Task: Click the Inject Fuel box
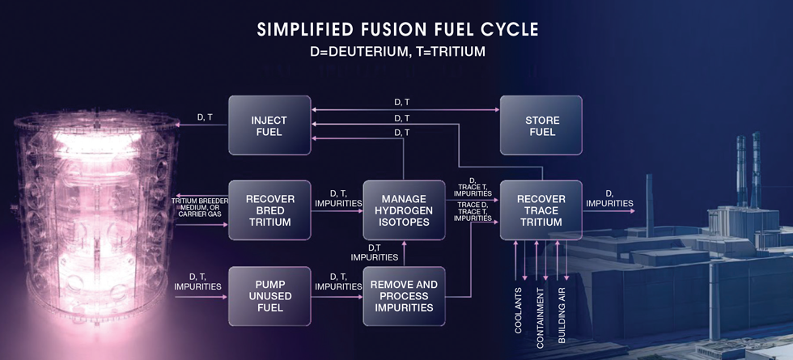pyautogui.click(x=269, y=125)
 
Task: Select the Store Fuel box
pyautogui.click(x=541, y=125)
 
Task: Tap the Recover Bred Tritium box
pyautogui.click(x=269, y=210)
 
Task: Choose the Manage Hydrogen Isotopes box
pyautogui.click(x=404, y=210)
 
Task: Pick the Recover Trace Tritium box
pyautogui.click(x=541, y=210)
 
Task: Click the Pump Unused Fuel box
pyautogui.click(x=269, y=296)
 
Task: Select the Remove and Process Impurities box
pyautogui.click(x=404, y=296)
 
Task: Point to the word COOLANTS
pyautogui.click(x=518, y=310)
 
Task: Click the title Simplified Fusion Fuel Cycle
pyautogui.click(x=397, y=30)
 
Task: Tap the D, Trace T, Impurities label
pyautogui.click(x=473, y=187)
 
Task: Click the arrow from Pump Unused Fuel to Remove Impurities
pyautogui.click(x=337, y=297)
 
